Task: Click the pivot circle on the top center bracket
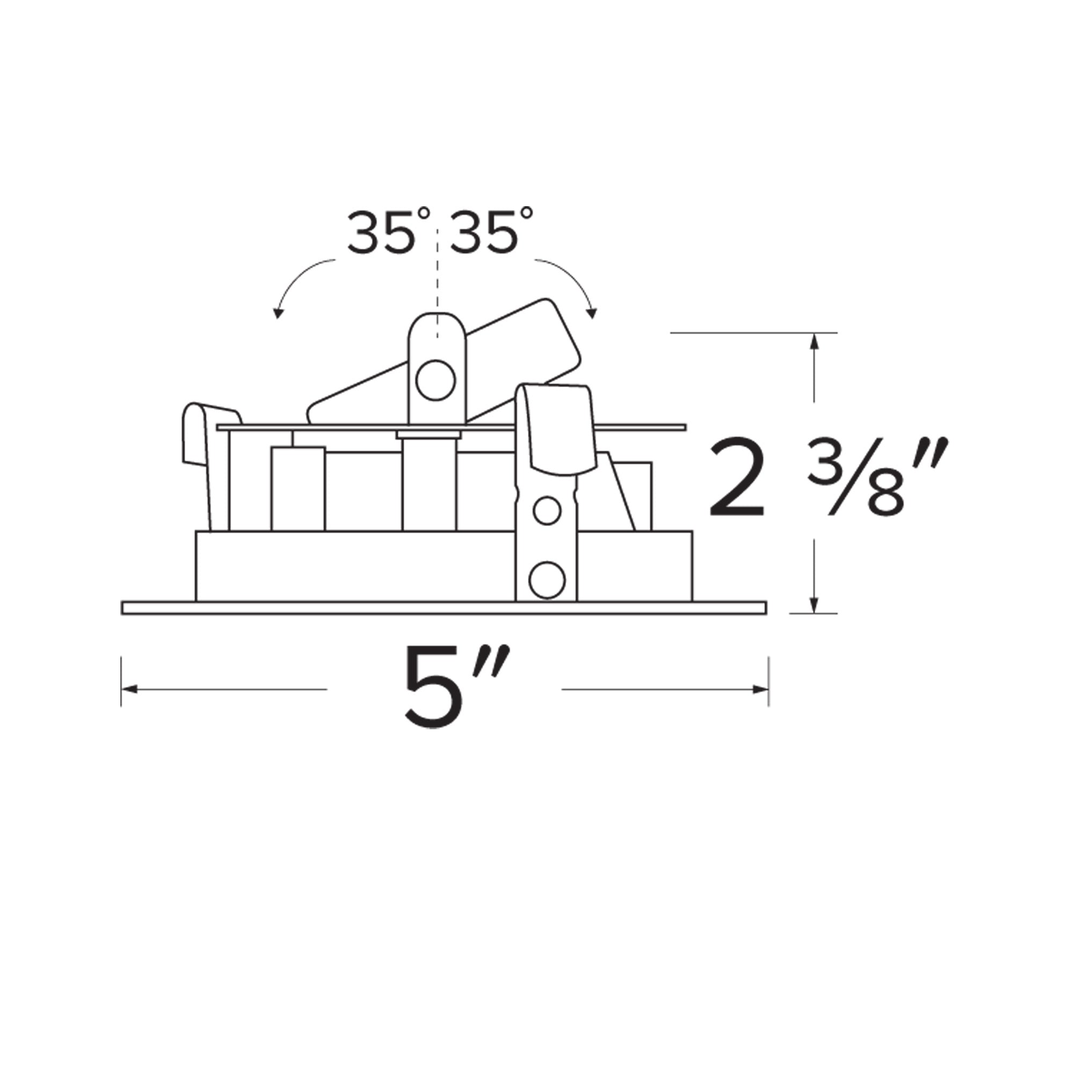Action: [436, 380]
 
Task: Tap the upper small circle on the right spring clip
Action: [547, 511]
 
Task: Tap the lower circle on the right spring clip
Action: [547, 580]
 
